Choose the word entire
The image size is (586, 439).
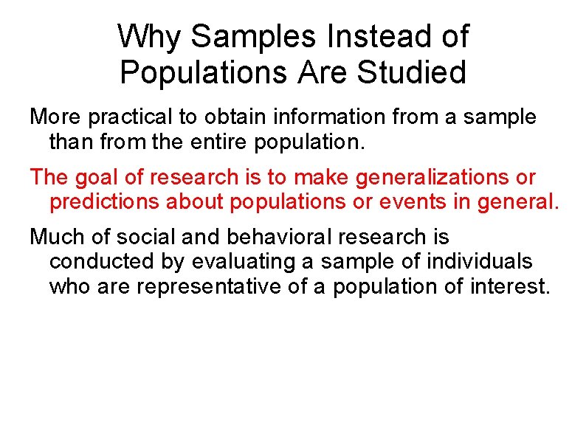click(213, 140)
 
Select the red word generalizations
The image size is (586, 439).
click(428, 178)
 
